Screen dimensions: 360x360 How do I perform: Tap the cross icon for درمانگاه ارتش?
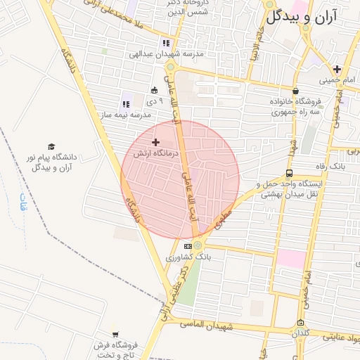[x=155, y=142]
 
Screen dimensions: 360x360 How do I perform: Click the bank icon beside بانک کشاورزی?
[x=187, y=246]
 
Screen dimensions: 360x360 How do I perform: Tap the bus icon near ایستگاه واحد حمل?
[x=290, y=173]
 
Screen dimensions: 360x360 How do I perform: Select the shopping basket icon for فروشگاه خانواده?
[x=295, y=91]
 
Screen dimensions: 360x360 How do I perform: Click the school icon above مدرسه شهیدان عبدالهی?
[x=165, y=43]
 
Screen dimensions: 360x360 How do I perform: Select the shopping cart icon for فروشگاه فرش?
[x=115, y=335]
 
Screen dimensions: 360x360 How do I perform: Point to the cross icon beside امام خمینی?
[x=337, y=69]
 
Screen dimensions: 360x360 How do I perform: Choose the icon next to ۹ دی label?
[x=154, y=90]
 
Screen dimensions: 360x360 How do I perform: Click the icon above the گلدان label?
[x=301, y=322]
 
